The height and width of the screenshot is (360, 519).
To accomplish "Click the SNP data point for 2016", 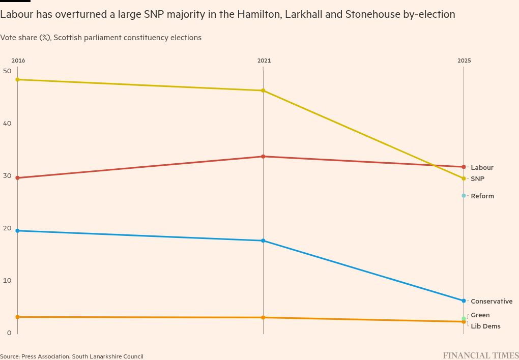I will (x=17, y=79).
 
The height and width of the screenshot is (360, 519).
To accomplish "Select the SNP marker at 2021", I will (x=263, y=91).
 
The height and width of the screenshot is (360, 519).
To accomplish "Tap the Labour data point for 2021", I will (x=263, y=157).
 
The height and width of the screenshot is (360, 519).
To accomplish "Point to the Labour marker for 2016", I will (x=17, y=178).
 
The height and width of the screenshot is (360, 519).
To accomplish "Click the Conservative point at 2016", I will (x=17, y=231).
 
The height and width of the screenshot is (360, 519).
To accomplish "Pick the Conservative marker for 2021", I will (x=263, y=241).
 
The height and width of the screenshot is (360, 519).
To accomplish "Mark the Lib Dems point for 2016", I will (x=17, y=317).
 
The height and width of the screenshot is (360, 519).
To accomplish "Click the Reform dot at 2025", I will (x=464, y=196).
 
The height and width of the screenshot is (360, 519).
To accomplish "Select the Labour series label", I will (x=482, y=167).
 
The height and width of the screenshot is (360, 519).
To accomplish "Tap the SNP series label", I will (x=477, y=179).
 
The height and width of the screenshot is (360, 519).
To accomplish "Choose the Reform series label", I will (x=482, y=196).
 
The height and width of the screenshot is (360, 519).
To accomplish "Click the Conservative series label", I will (x=492, y=302).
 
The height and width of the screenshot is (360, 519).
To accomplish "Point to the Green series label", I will (x=480, y=315).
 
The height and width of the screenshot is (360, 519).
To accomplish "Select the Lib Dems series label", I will (x=485, y=326).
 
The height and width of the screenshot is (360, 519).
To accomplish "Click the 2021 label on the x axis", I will (x=264, y=61).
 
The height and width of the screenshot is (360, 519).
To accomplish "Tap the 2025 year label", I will (x=464, y=61).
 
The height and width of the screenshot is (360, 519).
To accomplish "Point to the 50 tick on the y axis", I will (x=7, y=71).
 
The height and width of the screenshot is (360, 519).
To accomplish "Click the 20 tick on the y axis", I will (x=7, y=228).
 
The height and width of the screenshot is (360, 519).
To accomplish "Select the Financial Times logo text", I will (x=480, y=355).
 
